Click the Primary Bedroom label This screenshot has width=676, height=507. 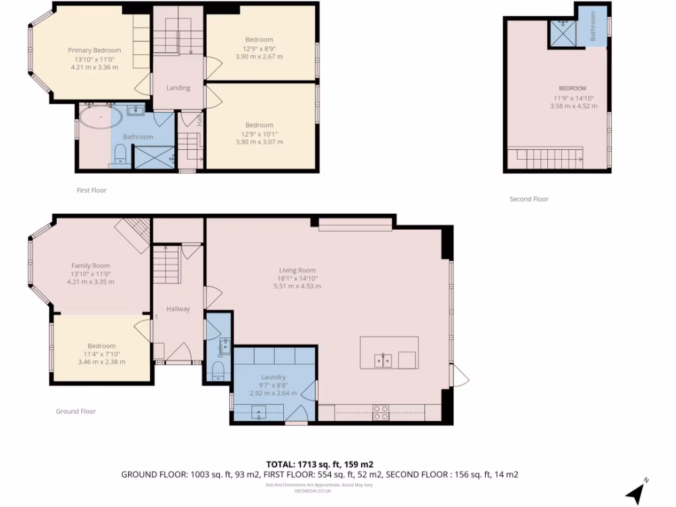tap(94, 50)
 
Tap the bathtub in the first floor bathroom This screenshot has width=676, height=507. tap(100, 119)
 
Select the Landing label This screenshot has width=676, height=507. tap(178, 88)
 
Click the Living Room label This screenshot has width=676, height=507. tap(297, 270)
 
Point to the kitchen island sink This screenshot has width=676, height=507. tap(383, 360)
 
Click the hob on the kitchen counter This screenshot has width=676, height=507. tap(381, 413)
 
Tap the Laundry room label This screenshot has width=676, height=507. tap(273, 377)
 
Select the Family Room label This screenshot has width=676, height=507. tap(90, 265)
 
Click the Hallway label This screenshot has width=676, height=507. tap(178, 308)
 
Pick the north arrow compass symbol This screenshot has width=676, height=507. tap(636, 490)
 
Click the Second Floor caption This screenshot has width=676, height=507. tap(529, 199)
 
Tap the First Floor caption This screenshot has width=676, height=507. tap(91, 190)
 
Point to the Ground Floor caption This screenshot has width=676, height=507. tap(76, 411)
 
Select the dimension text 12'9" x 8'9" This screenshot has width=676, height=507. tap(259, 48)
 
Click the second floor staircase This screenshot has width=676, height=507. tap(545, 157)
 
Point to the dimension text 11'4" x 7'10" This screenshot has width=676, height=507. tap(102, 354)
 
